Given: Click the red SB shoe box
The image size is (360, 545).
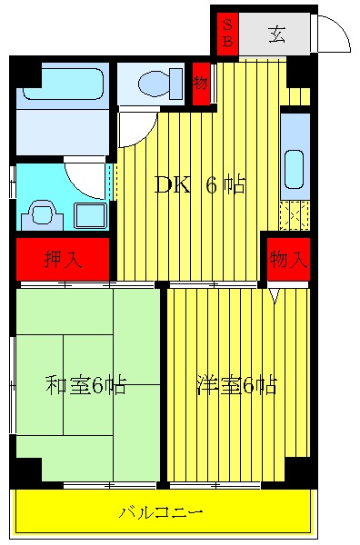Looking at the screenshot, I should point(228,34).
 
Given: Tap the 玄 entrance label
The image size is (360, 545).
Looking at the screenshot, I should point(277,35).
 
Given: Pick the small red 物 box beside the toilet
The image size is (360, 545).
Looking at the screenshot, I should point(201,84).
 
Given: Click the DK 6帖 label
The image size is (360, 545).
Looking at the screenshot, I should point(199,185).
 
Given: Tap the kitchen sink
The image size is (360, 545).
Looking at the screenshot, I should point(295,168).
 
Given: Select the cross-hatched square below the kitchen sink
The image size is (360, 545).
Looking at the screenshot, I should point(295,215).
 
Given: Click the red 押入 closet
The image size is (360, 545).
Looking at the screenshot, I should point(63,259).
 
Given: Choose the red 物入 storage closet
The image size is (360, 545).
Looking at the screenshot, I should point(288,259).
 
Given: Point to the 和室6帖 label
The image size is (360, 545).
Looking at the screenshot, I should point(85,384).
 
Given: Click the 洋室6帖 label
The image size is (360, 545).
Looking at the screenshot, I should point(236,384).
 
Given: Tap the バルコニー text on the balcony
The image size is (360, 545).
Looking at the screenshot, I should point(161,512).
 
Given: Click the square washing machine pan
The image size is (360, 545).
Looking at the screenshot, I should point(89,216).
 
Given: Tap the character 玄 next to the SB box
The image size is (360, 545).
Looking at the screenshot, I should point(277,35).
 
